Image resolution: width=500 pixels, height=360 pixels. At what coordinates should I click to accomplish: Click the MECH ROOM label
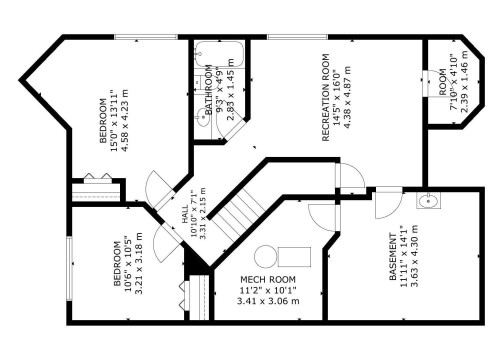269,279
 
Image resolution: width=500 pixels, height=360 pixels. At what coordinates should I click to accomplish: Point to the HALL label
185,215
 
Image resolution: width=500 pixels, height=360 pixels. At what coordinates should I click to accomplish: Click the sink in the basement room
428,202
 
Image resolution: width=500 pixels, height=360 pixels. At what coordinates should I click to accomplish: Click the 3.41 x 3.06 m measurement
269,300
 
